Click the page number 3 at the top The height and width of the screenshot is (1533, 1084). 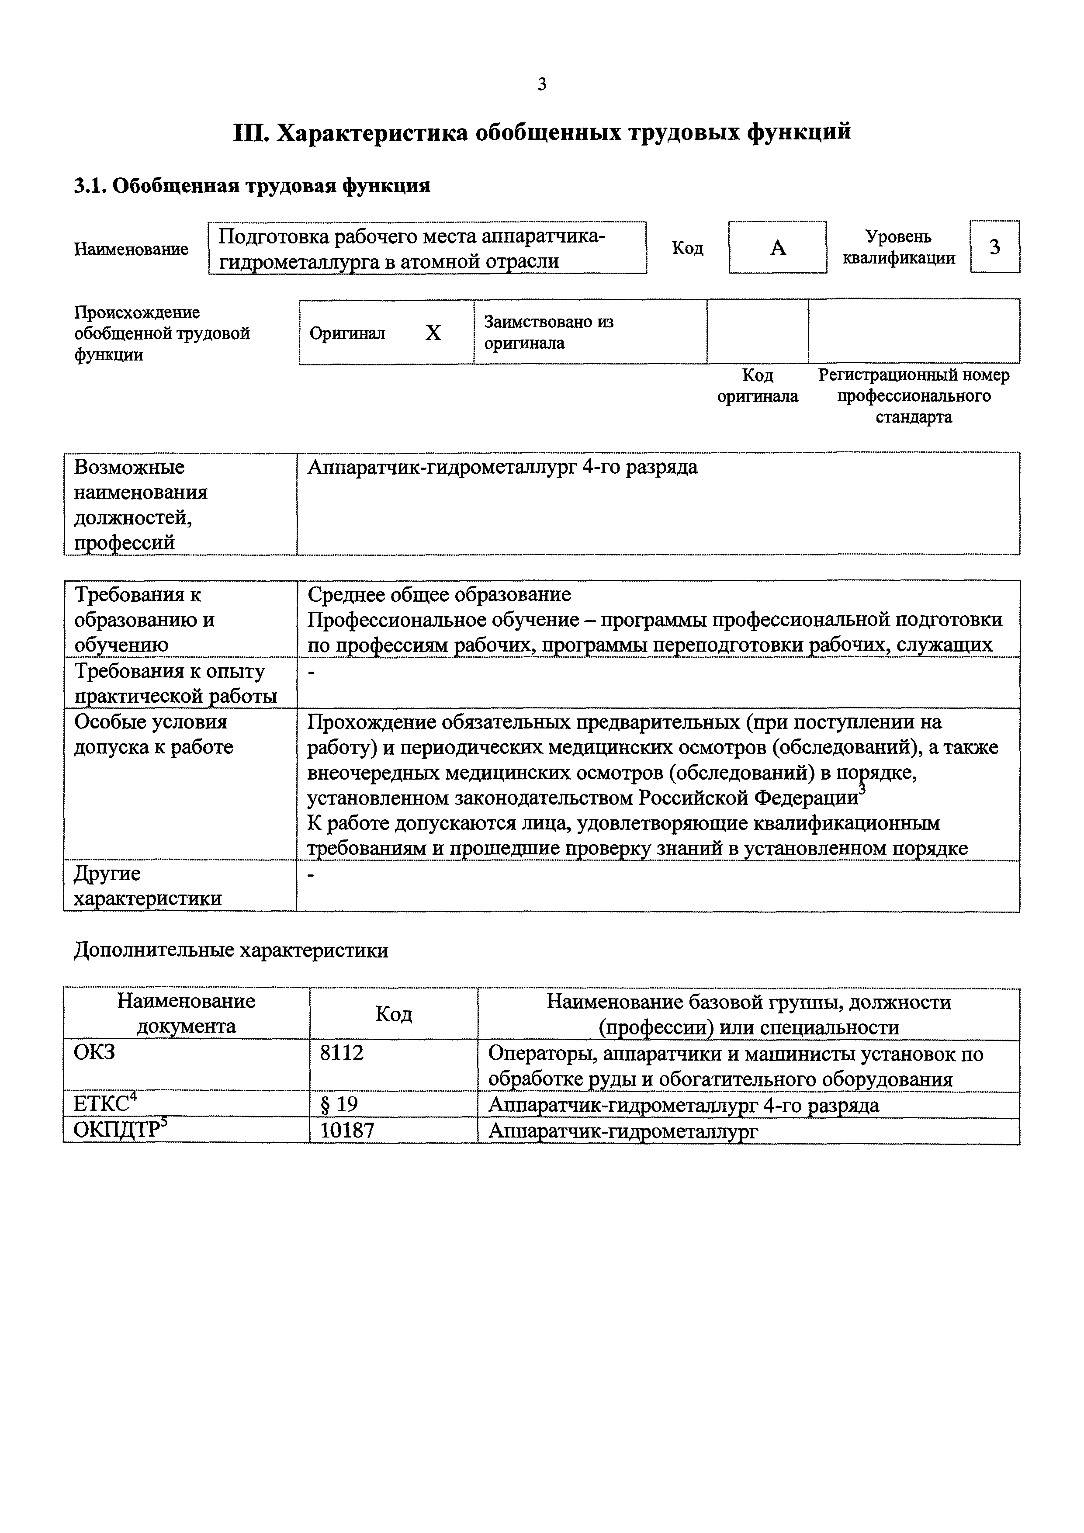click(541, 84)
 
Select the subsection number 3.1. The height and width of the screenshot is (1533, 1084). click(90, 186)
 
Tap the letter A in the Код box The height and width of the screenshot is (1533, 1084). click(778, 248)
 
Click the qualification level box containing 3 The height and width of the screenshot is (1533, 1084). click(994, 247)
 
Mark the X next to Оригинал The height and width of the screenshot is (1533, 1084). click(433, 333)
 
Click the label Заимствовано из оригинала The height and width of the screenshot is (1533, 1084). click(549, 333)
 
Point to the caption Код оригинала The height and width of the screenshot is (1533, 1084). click(758, 386)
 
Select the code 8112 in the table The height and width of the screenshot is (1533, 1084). click(342, 1053)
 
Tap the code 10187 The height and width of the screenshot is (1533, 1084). click(347, 1130)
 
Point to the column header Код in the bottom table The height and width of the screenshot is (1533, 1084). click(394, 1014)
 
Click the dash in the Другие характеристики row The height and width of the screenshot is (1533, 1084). click(311, 874)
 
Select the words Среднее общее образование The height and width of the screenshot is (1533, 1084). click(439, 594)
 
